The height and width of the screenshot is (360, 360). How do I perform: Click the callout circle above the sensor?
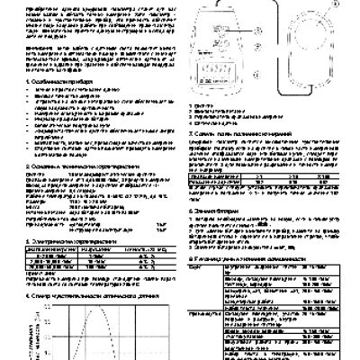(x=299, y=4)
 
